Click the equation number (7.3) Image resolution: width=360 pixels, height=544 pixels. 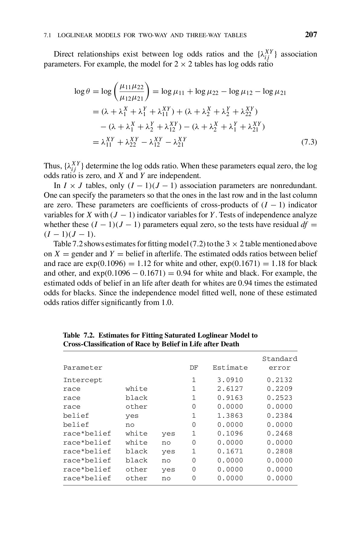309,142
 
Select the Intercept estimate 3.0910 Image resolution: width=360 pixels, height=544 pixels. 230,380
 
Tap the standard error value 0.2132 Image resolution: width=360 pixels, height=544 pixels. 280,380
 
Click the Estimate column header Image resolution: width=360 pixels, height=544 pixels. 230,368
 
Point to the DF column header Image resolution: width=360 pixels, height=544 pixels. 194,368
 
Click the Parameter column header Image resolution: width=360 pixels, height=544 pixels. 83,368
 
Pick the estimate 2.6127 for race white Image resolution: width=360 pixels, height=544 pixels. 230,389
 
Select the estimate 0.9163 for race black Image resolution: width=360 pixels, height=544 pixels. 230,398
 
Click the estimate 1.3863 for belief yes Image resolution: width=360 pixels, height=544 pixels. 230,416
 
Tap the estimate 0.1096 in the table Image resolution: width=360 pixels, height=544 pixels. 230,433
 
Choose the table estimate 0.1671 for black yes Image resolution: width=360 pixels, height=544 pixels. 230,451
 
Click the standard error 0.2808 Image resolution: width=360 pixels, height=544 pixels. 280,451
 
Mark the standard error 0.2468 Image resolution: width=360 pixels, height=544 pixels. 280,433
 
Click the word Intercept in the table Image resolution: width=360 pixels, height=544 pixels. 83,380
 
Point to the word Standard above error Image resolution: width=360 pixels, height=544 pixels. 280,359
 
